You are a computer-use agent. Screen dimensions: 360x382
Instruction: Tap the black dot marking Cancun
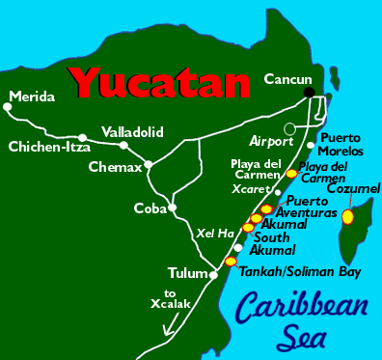310,93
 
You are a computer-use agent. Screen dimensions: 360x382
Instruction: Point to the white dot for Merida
9,106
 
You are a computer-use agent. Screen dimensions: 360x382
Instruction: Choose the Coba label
149,206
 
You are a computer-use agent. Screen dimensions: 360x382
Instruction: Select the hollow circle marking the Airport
289,128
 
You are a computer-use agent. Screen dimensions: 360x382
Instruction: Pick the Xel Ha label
213,233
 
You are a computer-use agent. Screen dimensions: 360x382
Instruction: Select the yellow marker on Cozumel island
347,217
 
